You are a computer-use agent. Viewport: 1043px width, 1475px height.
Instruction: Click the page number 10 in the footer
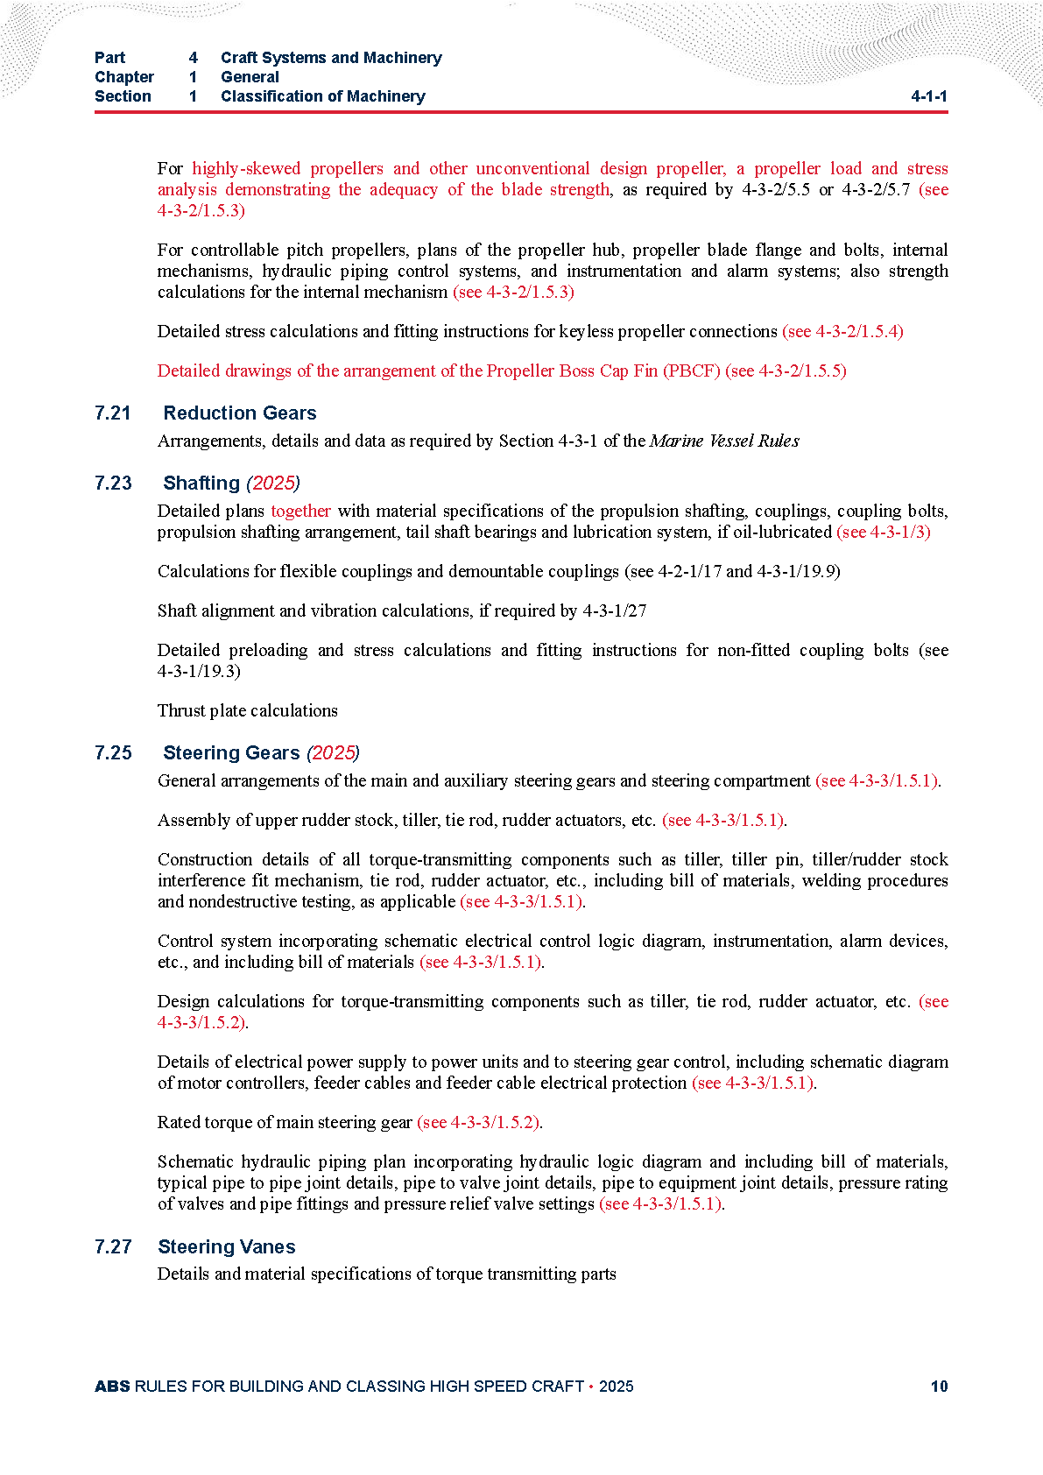[939, 1387]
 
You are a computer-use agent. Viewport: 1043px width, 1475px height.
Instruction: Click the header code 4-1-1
[929, 96]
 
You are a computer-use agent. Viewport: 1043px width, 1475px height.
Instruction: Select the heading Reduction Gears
[240, 413]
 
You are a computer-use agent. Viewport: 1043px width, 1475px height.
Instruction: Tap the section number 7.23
[113, 483]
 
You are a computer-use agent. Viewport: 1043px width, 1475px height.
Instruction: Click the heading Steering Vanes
[227, 1247]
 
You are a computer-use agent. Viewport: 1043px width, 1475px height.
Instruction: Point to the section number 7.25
[113, 753]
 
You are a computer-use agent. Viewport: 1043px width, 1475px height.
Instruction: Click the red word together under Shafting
[301, 512]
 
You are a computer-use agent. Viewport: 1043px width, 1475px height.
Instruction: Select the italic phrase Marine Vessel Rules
[724, 441]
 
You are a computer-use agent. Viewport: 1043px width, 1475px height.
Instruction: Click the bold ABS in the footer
[112, 1387]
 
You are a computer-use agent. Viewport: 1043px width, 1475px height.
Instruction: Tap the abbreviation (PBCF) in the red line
[692, 371]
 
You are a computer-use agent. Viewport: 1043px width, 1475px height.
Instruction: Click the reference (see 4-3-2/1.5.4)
[842, 332]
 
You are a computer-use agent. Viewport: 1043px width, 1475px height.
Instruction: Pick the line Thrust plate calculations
[248, 711]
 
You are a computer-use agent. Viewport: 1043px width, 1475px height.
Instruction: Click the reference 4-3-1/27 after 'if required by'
[615, 611]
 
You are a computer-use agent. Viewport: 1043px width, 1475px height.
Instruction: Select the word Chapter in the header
[124, 77]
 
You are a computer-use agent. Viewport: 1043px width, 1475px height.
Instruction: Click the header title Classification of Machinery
[323, 96]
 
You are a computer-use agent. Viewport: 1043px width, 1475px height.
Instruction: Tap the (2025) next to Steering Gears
[333, 753]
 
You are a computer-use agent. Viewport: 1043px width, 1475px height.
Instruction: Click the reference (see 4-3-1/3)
[884, 533]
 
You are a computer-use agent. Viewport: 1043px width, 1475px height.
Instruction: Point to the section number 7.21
[113, 413]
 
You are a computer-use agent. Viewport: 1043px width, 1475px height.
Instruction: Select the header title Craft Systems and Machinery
[331, 58]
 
